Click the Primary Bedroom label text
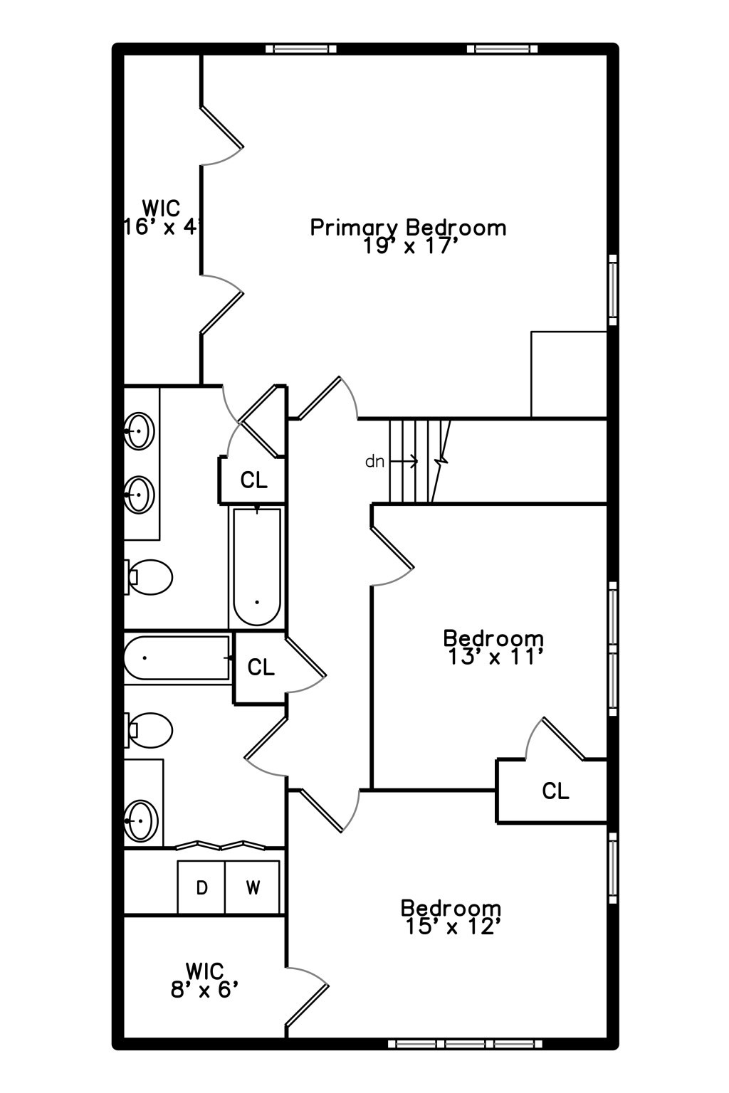pyautogui.click(x=408, y=228)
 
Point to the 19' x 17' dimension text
pyautogui.click(x=408, y=246)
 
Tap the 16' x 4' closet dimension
pyautogui.click(x=163, y=228)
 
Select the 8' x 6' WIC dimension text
pyautogui.click(x=204, y=990)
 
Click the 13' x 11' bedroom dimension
pyautogui.click(x=496, y=657)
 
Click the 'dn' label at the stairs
pyautogui.click(x=374, y=462)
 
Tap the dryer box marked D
pyautogui.click(x=201, y=887)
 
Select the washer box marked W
pyautogui.click(x=253, y=887)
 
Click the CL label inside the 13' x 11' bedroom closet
pyautogui.click(x=555, y=791)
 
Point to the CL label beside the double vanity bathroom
pyautogui.click(x=253, y=480)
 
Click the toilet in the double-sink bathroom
pyautogui.click(x=150, y=576)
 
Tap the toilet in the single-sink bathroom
pyautogui.click(x=150, y=730)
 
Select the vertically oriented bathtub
pyautogui.click(x=257, y=566)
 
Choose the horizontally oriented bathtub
pyautogui.click(x=178, y=659)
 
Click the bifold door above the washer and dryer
pyautogui.click(x=221, y=846)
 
